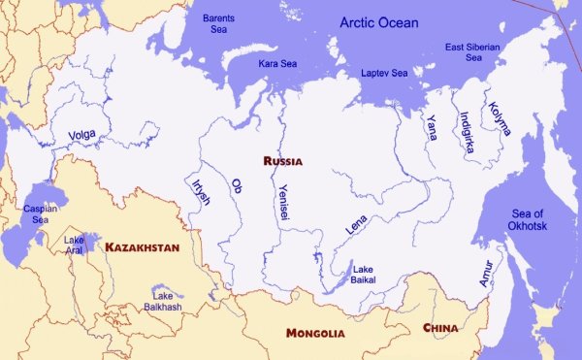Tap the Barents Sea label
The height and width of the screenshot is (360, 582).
click(x=218, y=24)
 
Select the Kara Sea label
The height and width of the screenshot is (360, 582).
click(x=277, y=63)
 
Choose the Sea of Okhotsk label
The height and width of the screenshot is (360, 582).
click(x=534, y=220)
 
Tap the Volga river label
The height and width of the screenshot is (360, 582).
click(x=82, y=136)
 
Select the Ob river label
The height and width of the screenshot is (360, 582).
click(x=236, y=185)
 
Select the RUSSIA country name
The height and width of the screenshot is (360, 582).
click(x=282, y=161)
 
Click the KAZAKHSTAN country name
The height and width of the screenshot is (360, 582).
click(x=142, y=247)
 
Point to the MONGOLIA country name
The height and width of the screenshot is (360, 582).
click(x=314, y=333)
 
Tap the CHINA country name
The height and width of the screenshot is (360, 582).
click(x=440, y=328)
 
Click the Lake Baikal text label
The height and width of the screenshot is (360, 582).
click(x=364, y=275)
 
